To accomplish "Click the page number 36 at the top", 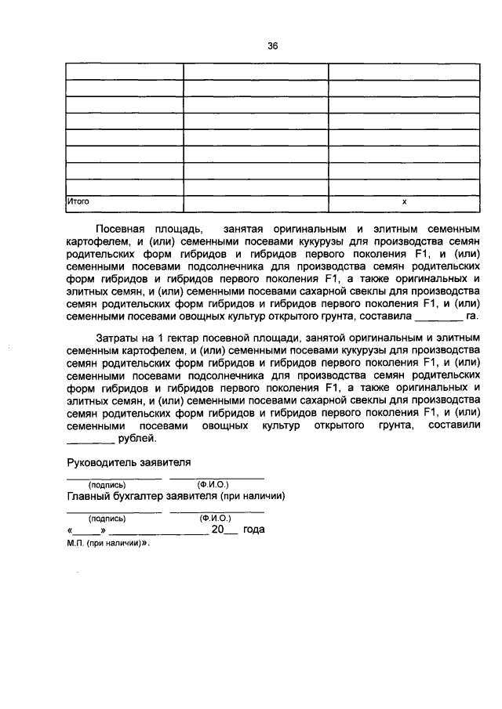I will (x=273, y=45).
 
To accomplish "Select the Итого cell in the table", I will (x=78, y=201).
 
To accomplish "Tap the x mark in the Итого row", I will (x=404, y=201).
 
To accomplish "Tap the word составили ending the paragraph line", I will (x=449, y=425).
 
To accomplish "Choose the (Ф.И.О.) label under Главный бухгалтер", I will (x=214, y=518).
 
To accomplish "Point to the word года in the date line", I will (x=253, y=530).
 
